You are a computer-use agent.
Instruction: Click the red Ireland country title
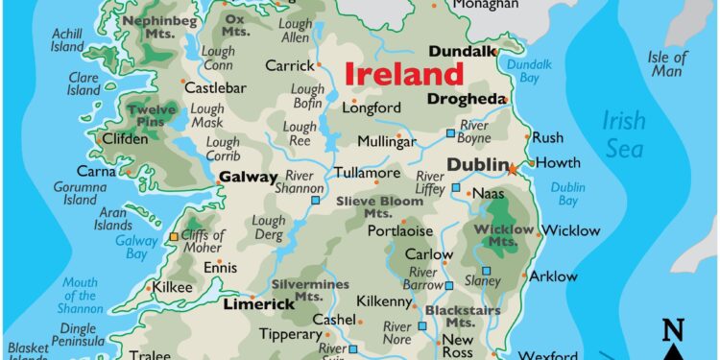click(403, 73)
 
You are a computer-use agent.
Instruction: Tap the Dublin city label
click(476, 165)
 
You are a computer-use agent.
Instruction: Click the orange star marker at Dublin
click(512, 169)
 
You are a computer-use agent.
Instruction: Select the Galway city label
click(248, 177)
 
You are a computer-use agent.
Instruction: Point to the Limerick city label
click(258, 304)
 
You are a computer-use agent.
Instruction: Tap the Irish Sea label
click(625, 133)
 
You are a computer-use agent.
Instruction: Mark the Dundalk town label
click(462, 50)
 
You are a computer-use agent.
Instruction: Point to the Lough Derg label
click(269, 228)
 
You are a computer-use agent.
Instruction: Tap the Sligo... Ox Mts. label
click(234, 24)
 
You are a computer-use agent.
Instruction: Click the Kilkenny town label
click(385, 301)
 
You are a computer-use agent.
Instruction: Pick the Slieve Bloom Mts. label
click(379, 206)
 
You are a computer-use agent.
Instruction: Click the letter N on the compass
click(673, 331)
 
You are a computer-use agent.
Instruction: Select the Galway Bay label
click(136, 247)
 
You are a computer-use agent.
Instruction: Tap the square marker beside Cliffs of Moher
click(174, 236)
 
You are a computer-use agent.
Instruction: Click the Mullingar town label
click(387, 141)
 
